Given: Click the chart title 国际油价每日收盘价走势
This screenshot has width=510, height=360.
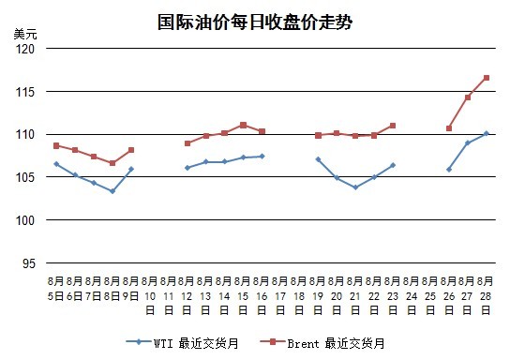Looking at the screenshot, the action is click(x=255, y=22).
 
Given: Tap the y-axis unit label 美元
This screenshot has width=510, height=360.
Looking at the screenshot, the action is click(x=25, y=34).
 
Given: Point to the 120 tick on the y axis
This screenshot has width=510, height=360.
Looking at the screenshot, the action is click(x=25, y=49).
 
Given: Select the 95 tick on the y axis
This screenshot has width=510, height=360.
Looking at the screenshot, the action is click(x=29, y=263).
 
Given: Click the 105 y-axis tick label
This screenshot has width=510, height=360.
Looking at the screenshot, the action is click(x=25, y=177).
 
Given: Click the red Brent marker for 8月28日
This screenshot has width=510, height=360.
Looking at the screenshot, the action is click(x=487, y=78).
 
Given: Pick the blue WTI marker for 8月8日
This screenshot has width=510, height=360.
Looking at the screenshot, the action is click(x=112, y=191).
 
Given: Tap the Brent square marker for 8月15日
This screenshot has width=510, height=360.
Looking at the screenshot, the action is click(x=244, y=125).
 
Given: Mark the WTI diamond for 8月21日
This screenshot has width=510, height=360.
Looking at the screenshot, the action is click(x=355, y=187).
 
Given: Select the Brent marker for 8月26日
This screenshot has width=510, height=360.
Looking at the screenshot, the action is click(x=449, y=128).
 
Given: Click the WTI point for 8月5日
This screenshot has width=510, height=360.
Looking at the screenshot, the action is click(x=56, y=164).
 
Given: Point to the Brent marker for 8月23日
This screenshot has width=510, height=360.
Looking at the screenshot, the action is click(x=393, y=126).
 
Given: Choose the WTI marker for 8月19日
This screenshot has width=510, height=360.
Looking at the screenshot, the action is click(x=318, y=159).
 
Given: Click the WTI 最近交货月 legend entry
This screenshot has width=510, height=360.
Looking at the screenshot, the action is click(x=182, y=343).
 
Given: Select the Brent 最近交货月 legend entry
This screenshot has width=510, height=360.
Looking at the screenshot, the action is click(x=322, y=343).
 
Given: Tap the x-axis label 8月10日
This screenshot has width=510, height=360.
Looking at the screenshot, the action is click(x=150, y=295).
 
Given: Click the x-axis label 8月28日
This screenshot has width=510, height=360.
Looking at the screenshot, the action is click(x=486, y=295).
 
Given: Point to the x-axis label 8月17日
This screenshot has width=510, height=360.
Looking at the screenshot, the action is click(x=280, y=295).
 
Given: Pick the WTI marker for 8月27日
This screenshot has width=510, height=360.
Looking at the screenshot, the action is click(x=468, y=142).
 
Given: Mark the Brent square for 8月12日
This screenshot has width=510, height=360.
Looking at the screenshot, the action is click(x=187, y=143).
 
